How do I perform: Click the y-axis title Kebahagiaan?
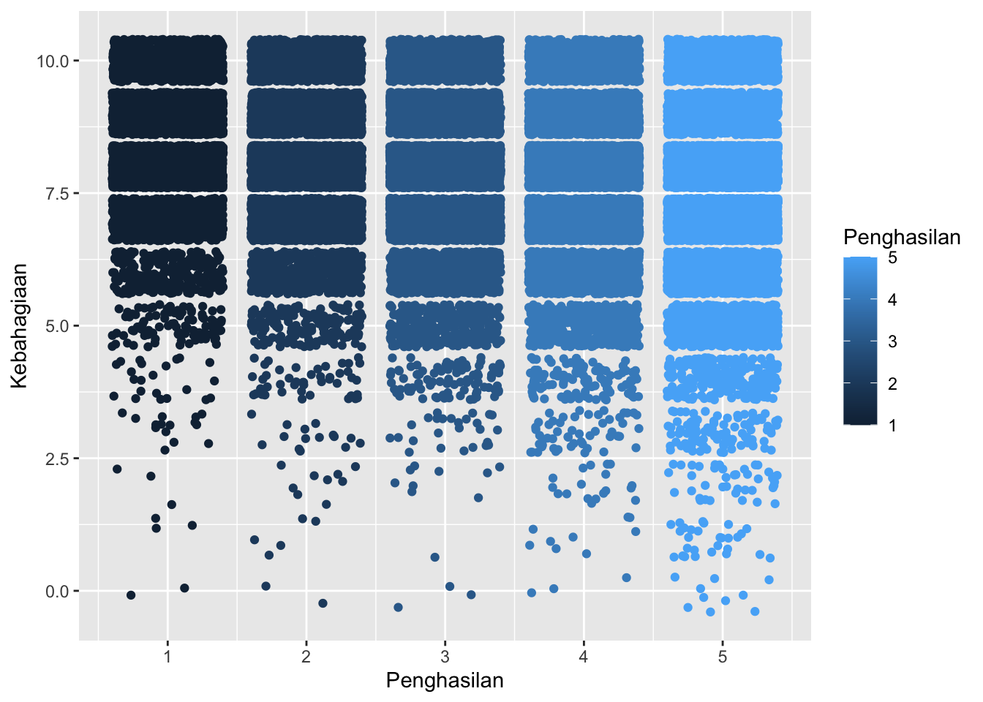[19, 325]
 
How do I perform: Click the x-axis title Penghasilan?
[445, 681]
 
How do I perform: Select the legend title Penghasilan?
[901, 237]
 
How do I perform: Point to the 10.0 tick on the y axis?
[53, 61]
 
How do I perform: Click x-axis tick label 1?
[167, 656]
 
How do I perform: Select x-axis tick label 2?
[306, 656]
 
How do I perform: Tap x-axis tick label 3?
[445, 656]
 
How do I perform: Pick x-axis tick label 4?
[583, 656]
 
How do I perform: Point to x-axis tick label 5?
[722, 656]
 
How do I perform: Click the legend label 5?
[892, 258]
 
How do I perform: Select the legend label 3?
[892, 341]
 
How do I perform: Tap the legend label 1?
[892, 426]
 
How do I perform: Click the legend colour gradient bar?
[859, 341]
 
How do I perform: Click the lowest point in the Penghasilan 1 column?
[131, 595]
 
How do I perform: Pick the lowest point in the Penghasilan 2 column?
[323, 603]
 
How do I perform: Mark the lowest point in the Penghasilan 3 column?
[398, 608]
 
